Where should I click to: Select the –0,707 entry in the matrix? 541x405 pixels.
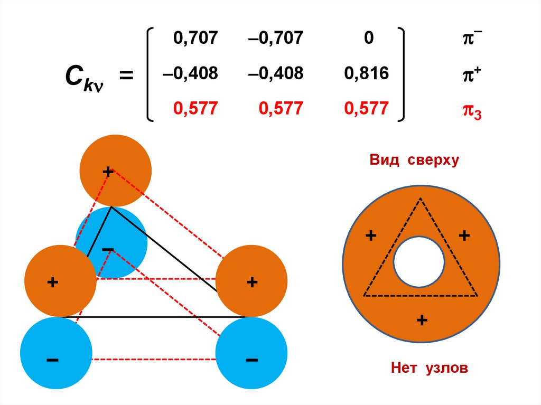tap(277, 38)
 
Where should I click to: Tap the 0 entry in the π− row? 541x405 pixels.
tap(368, 38)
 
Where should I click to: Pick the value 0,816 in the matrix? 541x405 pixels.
tap(366, 73)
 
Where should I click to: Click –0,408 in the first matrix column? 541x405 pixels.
tap(190, 73)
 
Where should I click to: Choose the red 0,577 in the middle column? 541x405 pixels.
tap(281, 109)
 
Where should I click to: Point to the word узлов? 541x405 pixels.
tap(446, 368)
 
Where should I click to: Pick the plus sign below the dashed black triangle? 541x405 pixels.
tap(421, 319)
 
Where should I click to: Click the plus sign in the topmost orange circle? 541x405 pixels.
tap(108, 172)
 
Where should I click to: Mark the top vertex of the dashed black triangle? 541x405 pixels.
tap(420, 199)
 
